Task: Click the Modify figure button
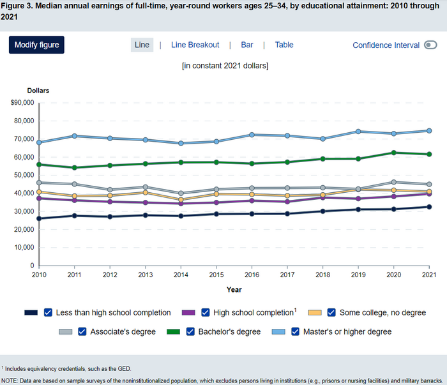click(36, 45)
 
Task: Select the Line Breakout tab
click(195, 45)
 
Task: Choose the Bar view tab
click(247, 45)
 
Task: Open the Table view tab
click(284, 45)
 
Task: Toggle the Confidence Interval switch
click(430, 45)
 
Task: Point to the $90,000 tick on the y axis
click(23, 103)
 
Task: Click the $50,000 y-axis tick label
click(23, 175)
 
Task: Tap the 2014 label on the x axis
click(181, 275)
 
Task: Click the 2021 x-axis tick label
click(429, 275)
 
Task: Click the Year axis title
click(234, 290)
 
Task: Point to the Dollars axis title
click(38, 91)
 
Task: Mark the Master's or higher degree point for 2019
click(358, 132)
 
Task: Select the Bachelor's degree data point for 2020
click(393, 153)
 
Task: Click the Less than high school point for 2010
click(40, 218)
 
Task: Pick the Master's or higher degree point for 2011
click(75, 136)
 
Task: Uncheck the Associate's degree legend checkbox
click(82, 331)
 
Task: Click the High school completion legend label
click(254, 312)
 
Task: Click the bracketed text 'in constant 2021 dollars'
click(225, 65)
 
